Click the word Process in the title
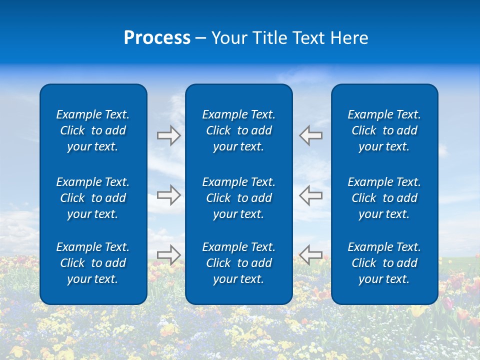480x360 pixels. click(x=157, y=38)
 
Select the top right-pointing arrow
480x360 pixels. click(x=168, y=135)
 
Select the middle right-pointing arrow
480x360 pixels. click(x=168, y=194)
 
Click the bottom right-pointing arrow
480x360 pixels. click(x=168, y=254)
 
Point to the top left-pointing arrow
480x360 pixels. click(x=310, y=135)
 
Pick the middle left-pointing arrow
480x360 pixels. click(x=310, y=194)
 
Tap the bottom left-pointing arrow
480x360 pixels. click(x=310, y=254)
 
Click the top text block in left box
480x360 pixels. click(x=93, y=130)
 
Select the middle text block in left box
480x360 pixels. click(x=93, y=198)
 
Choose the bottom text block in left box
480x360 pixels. click(x=93, y=263)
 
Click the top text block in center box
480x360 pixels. click(x=238, y=130)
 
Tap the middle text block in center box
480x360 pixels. click(x=238, y=198)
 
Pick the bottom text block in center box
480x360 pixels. click(x=238, y=263)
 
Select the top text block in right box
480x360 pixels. click(x=384, y=130)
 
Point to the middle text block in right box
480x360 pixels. click(x=384, y=198)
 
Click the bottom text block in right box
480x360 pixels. click(x=384, y=263)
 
